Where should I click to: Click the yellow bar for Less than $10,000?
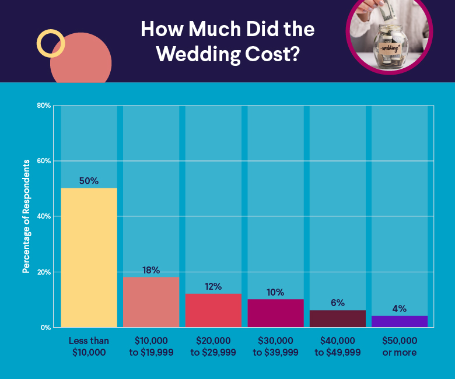(89, 257)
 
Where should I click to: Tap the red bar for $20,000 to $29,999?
(213, 310)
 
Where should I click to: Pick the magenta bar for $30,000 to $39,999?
(275, 313)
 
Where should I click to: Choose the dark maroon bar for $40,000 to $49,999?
(337, 318)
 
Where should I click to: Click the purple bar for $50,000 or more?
(400, 321)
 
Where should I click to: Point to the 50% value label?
(89, 181)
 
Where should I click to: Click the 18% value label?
(150, 270)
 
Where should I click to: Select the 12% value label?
(213, 286)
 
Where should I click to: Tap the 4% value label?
(400, 308)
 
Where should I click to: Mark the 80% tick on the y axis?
(44, 106)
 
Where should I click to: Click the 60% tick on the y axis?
(44, 161)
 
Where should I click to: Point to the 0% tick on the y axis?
(46, 328)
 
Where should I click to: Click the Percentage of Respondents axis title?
(26, 216)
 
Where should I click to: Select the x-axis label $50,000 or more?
(400, 346)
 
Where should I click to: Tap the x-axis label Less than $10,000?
(89, 346)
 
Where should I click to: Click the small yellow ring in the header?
(50, 43)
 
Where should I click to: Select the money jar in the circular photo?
(389, 47)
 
